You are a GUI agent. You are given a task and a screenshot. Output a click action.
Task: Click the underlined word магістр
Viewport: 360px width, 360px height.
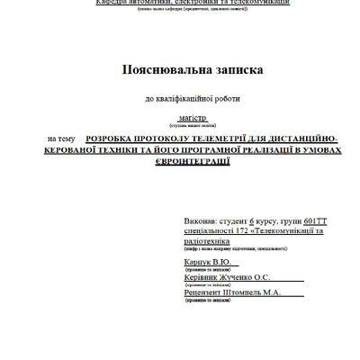[192, 117]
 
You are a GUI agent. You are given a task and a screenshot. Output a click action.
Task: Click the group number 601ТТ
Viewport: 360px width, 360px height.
[318, 220]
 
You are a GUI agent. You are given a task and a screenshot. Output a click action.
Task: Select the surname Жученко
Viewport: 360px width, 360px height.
[241, 279]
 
